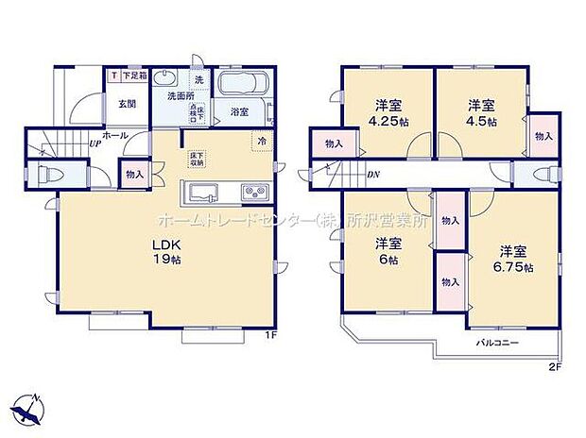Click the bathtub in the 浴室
pos(245,85)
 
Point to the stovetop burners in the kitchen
pos(255,192)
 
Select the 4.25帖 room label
pos(388,113)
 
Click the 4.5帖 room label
pos(479,113)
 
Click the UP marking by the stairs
pos(95,144)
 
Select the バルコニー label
pos(495,342)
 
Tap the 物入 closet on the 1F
pos(133,174)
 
